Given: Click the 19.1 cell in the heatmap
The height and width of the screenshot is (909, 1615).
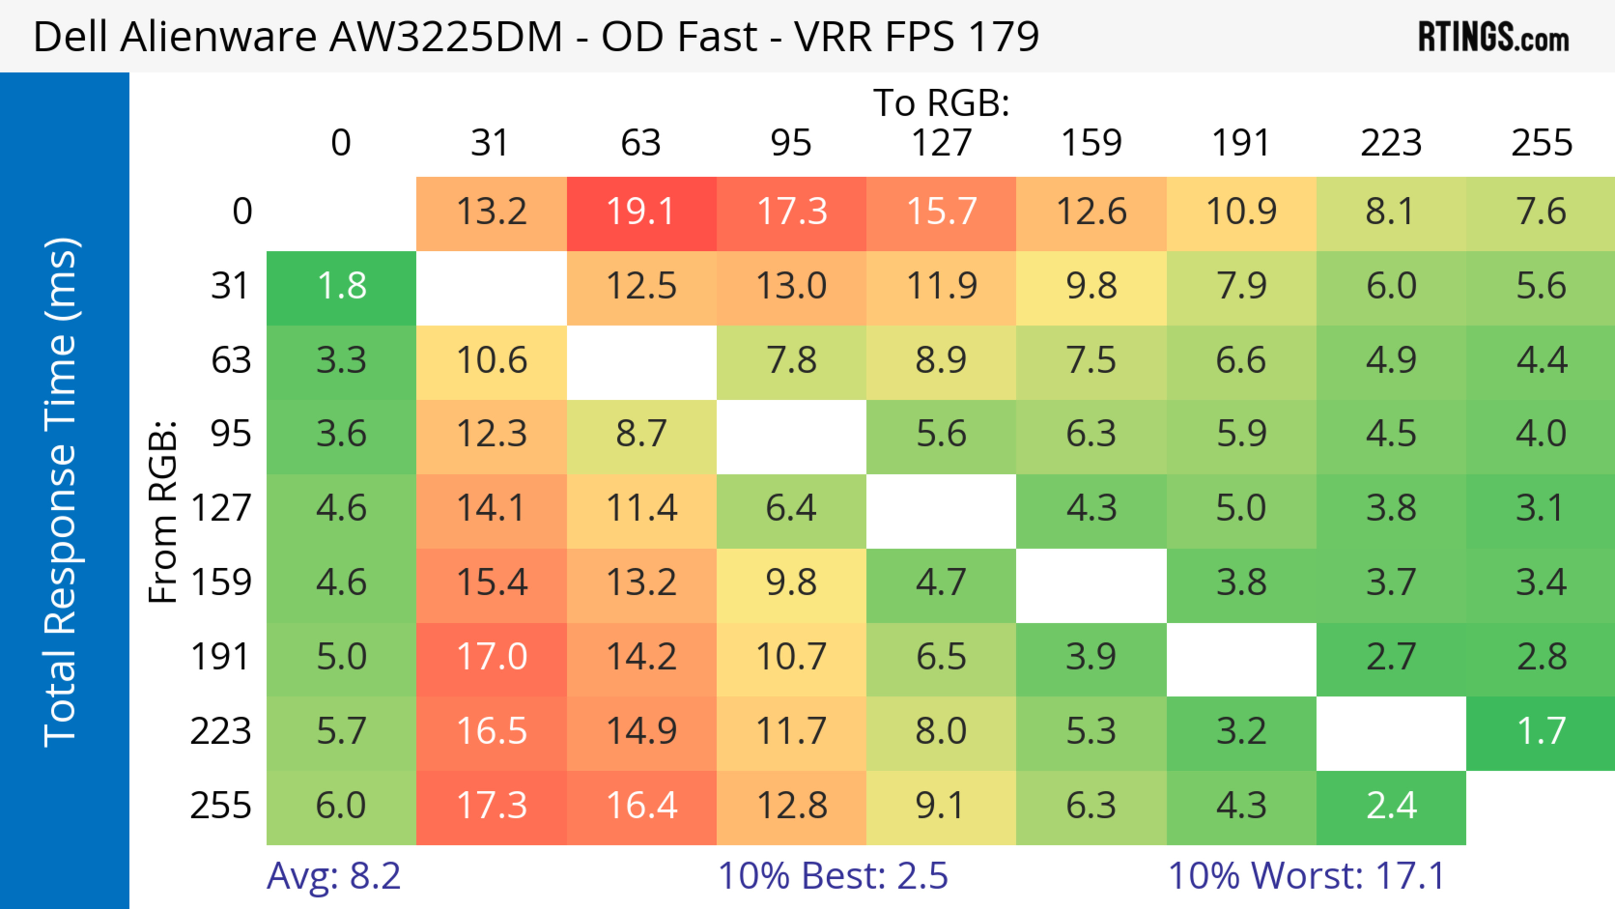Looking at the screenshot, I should click(x=641, y=212).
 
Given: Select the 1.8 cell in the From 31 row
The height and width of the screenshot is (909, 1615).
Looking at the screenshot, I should click(x=341, y=286).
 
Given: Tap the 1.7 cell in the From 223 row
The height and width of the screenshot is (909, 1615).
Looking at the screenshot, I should click(x=1541, y=731).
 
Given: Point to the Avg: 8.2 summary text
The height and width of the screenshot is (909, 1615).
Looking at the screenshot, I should click(x=333, y=876).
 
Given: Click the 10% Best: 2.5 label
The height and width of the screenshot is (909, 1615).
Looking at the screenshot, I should click(x=833, y=876).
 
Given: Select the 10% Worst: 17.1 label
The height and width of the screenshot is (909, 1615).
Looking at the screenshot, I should click(x=1307, y=876).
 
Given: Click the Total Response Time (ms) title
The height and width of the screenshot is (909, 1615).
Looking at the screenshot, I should click(x=61, y=492).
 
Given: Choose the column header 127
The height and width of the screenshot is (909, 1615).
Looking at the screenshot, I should click(x=941, y=143).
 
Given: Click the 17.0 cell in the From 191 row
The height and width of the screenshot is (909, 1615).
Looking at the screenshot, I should click(x=492, y=657).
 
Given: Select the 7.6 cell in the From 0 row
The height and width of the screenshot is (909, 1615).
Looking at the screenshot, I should click(x=1541, y=212).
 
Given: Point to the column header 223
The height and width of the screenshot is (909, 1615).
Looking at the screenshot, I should click(x=1390, y=143).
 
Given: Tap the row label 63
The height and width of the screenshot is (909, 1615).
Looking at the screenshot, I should click(x=231, y=360).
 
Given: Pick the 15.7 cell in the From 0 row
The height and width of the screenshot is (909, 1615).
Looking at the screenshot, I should click(x=941, y=212).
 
